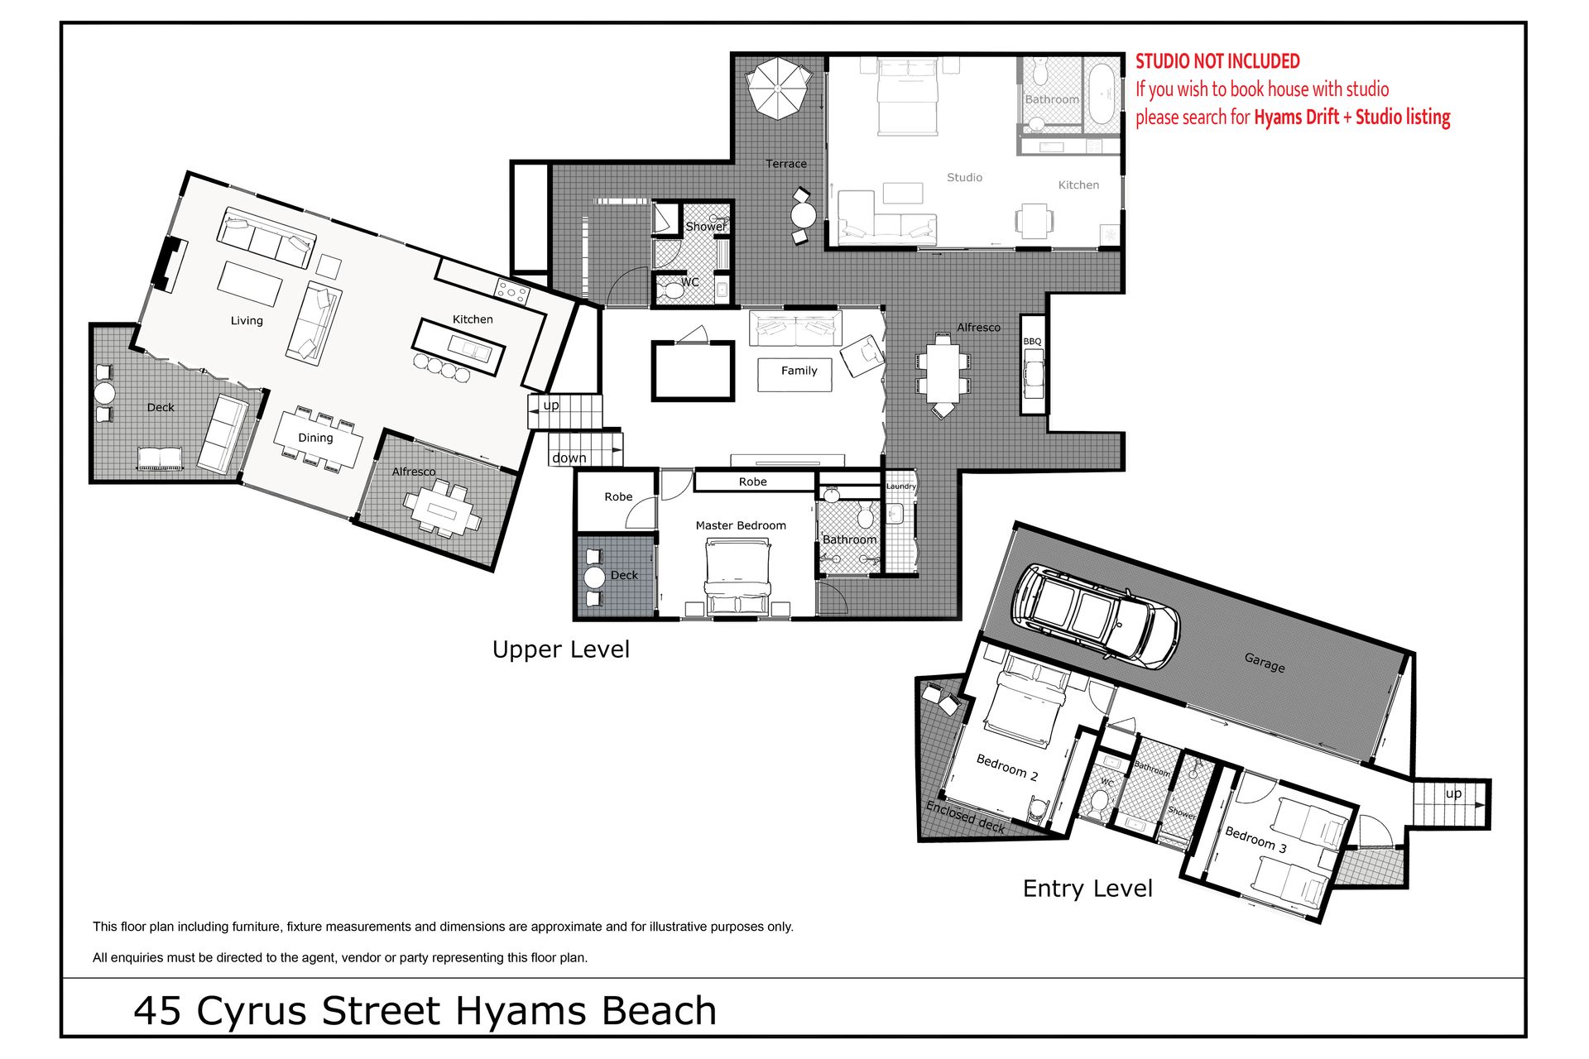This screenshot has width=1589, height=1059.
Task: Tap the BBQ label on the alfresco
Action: (x=1032, y=342)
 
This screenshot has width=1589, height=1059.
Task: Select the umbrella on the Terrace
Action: (x=779, y=88)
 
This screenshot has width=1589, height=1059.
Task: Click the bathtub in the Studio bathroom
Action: (x=1102, y=93)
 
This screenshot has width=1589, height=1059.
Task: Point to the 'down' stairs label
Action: (x=569, y=458)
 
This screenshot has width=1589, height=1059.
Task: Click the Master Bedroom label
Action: (x=741, y=525)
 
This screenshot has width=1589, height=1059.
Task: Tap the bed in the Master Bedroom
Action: (x=737, y=577)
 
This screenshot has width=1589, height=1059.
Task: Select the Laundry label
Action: (x=901, y=486)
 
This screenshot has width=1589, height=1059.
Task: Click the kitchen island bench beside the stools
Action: (x=458, y=347)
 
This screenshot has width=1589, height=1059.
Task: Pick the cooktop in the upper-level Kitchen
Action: (x=511, y=292)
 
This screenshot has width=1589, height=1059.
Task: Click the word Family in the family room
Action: (x=799, y=371)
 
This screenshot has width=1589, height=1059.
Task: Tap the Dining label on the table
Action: (x=315, y=438)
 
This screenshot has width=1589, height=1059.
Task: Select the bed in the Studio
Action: (x=907, y=98)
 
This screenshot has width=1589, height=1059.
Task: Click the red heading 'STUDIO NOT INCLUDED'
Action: (x=1217, y=61)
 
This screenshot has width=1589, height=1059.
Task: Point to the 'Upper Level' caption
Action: (x=561, y=650)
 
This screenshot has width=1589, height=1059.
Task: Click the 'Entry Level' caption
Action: (x=1087, y=889)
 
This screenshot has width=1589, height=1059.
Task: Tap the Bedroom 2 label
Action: (x=1006, y=768)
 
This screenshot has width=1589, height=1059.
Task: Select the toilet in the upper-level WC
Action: (x=670, y=290)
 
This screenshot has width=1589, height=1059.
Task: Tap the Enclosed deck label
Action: (x=965, y=817)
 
